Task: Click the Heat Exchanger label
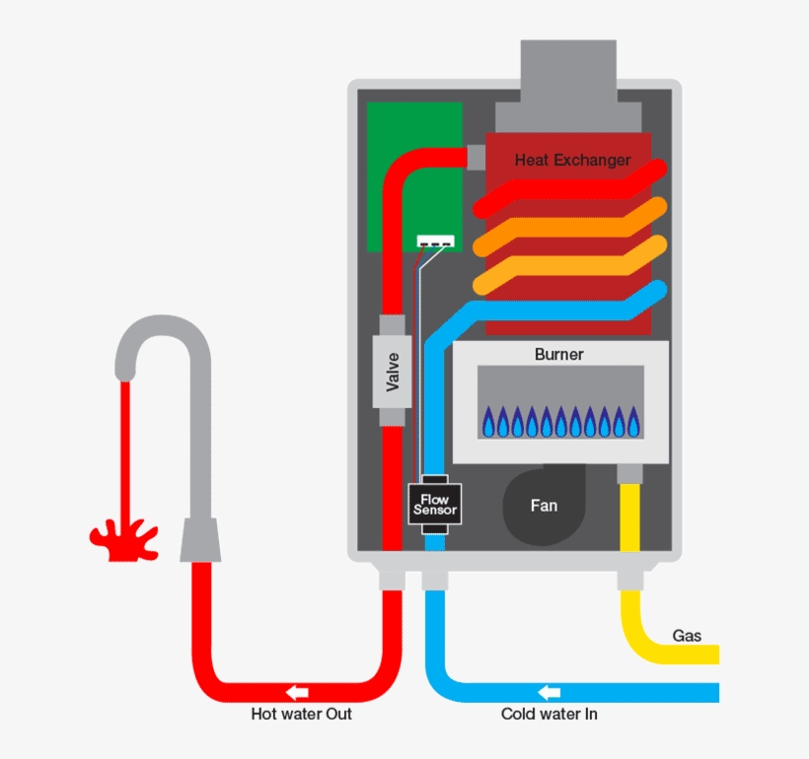(x=572, y=160)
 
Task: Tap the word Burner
(x=559, y=354)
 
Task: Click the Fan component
(x=543, y=506)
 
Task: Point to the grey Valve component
(x=393, y=371)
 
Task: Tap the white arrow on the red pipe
(x=296, y=691)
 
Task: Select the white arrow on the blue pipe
(x=550, y=691)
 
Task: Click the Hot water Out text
(x=301, y=714)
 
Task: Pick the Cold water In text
(x=549, y=714)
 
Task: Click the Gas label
(x=687, y=636)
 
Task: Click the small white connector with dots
(x=435, y=242)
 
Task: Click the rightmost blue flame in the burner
(x=632, y=423)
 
